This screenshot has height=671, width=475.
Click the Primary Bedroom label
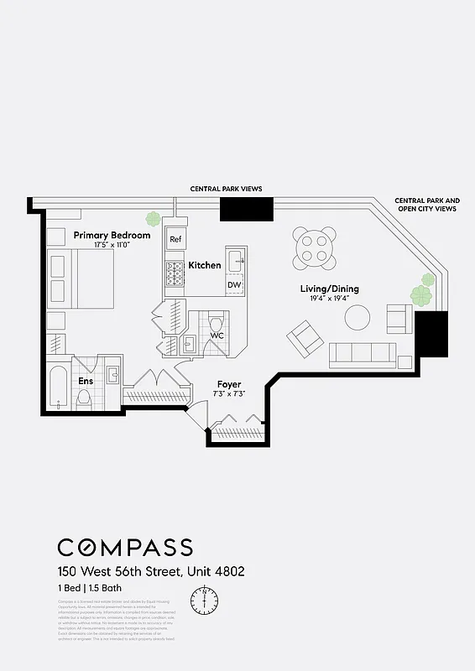pyautogui.click(x=112, y=235)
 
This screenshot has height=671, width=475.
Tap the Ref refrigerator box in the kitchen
pyautogui.click(x=175, y=240)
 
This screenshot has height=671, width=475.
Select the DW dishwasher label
pyautogui.click(x=234, y=285)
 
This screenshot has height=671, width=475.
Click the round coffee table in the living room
pyautogui.click(x=358, y=317)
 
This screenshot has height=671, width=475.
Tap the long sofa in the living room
pyautogui.click(x=363, y=355)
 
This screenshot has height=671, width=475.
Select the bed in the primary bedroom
pyautogui.click(x=82, y=279)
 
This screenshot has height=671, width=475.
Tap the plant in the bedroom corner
pyautogui.click(x=153, y=219)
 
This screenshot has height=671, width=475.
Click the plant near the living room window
pyautogui.click(x=421, y=294)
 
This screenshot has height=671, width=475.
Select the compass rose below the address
pyautogui.click(x=204, y=600)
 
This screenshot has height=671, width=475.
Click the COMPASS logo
pyautogui.click(x=125, y=548)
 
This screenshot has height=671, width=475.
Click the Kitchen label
pyautogui.click(x=205, y=265)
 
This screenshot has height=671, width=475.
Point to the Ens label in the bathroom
pyautogui.click(x=86, y=381)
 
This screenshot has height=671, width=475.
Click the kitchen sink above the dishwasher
pyautogui.click(x=236, y=258)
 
